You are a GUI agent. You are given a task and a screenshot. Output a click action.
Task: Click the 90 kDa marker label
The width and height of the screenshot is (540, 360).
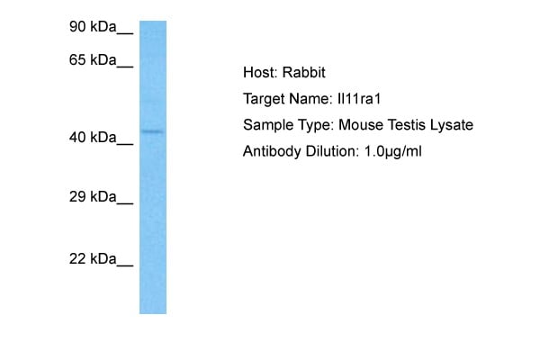click(93, 27)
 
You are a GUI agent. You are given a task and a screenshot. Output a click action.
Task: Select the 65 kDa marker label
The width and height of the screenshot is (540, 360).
click(93, 60)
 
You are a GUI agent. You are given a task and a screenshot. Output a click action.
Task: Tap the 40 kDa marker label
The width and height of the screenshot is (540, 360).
click(93, 138)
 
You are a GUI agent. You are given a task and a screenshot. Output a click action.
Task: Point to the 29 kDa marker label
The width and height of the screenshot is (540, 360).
click(93, 197)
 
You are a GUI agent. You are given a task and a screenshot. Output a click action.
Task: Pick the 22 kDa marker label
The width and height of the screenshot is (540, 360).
click(93, 258)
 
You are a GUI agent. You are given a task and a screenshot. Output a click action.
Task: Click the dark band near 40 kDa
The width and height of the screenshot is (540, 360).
click(152, 131)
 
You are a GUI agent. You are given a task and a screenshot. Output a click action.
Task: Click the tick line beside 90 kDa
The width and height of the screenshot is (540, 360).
click(125, 33)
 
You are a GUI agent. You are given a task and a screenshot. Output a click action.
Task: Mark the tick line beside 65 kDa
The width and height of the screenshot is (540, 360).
click(125, 67)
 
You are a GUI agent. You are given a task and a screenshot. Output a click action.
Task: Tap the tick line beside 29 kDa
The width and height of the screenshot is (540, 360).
click(125, 203)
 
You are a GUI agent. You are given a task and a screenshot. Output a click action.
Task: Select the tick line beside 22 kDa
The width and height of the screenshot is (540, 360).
click(125, 265)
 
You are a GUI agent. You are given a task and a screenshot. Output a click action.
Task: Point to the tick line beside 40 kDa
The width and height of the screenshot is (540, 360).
click(125, 144)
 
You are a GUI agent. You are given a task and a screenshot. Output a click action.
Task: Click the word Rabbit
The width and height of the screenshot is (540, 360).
click(304, 72)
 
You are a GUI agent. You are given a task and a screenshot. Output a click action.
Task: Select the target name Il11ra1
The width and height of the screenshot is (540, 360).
click(359, 99)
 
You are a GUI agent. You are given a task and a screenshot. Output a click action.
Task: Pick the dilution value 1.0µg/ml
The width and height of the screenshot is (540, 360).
click(392, 151)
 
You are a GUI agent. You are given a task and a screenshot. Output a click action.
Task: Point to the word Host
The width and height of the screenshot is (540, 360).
click(260, 72)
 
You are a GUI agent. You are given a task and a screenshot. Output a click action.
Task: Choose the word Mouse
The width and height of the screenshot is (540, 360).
click(361, 125)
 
